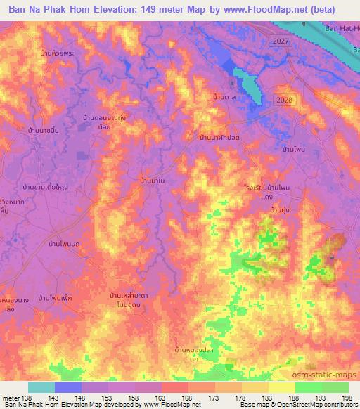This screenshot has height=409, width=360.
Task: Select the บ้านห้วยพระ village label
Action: [x=58, y=53]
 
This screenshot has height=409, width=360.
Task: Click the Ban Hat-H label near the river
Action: [x=342, y=28]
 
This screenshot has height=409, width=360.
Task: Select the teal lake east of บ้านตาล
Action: [x=248, y=84]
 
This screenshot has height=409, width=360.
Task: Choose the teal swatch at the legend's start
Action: [x=41, y=387]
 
